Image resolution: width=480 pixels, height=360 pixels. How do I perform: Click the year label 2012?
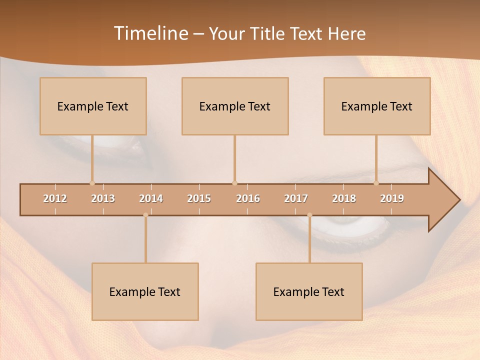pyautogui.click(x=55, y=198)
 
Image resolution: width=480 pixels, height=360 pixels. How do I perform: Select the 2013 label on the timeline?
pyautogui.click(x=103, y=198)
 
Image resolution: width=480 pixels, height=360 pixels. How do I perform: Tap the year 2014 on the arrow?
pyautogui.click(x=151, y=198)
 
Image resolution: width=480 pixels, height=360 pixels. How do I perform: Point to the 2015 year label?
pyautogui.click(x=199, y=198)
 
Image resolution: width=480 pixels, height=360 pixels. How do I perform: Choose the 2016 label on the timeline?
pyautogui.click(x=248, y=198)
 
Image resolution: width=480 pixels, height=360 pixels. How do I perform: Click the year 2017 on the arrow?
pyautogui.click(x=296, y=198)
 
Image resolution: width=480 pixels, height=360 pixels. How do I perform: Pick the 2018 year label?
pyautogui.click(x=344, y=198)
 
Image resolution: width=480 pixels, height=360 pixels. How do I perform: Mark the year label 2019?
pyautogui.click(x=392, y=198)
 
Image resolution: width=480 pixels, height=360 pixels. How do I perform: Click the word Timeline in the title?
pyautogui.click(x=150, y=33)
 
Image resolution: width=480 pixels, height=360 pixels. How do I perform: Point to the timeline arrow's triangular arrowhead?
pyautogui.click(x=443, y=200)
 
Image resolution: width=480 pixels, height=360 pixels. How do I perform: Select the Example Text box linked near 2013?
pyautogui.click(x=93, y=106)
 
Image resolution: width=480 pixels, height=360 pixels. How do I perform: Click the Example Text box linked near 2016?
pyautogui.click(x=235, y=106)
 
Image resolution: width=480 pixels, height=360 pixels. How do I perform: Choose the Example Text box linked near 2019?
pyautogui.click(x=377, y=106)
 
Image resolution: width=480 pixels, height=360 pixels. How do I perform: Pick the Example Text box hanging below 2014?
pyautogui.click(x=145, y=291)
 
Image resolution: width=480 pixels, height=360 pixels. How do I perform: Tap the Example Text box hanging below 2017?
pyautogui.click(x=309, y=291)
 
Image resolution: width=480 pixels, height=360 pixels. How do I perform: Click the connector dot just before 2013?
pyautogui.click(x=92, y=183)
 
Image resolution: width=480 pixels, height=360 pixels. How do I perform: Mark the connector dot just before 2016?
pyautogui.click(x=234, y=183)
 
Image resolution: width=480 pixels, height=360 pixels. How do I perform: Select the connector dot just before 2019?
pyautogui.click(x=376, y=183)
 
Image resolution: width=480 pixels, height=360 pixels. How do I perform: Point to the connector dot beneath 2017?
pyautogui.click(x=309, y=215)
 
